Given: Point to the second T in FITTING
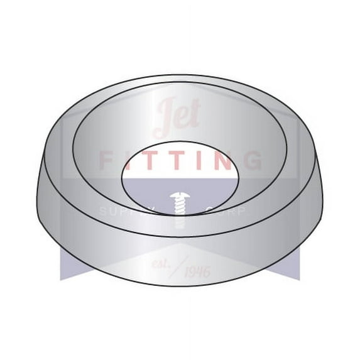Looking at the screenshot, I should pyautogui.click(x=178, y=160).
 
